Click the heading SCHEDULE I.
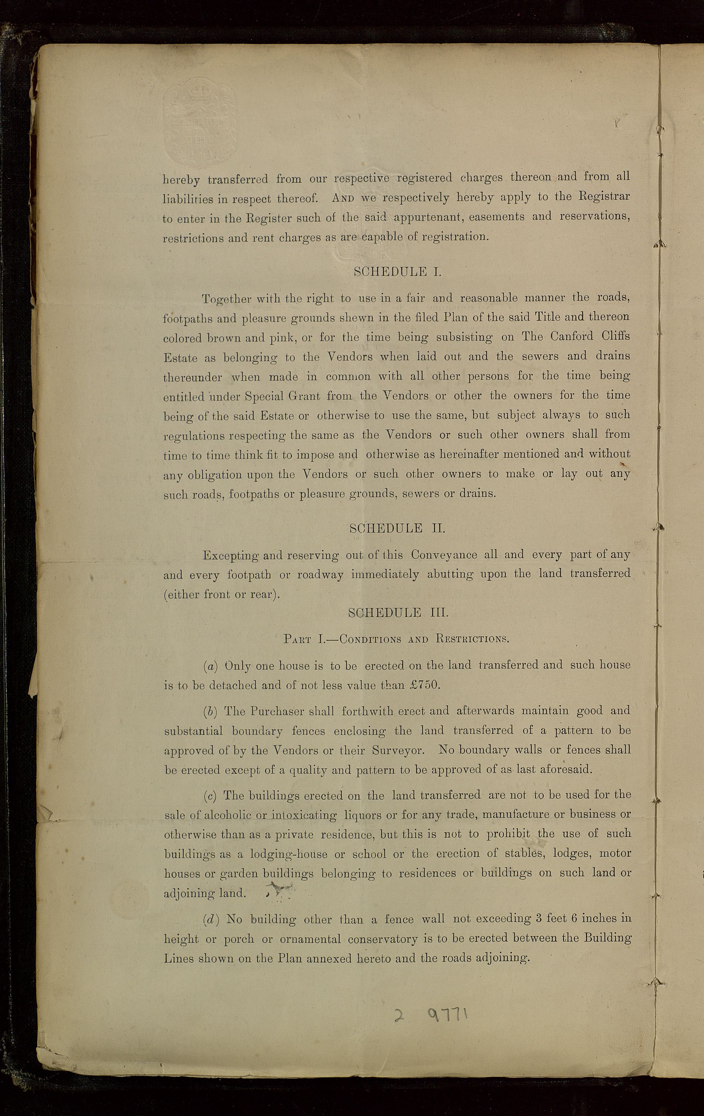397,272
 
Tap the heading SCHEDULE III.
398,613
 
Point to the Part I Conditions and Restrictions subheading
396,639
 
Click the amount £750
424,685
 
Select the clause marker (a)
210,666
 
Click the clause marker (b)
210,710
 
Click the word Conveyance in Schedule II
444,555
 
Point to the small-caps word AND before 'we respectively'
343,198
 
